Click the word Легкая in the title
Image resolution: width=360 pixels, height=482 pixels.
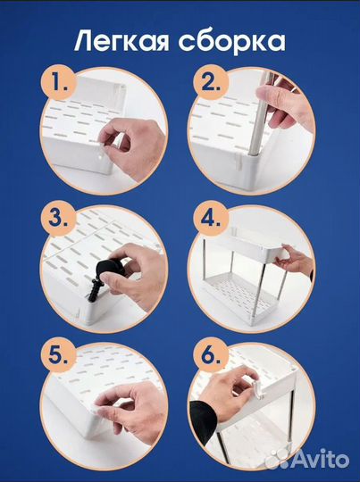[x=121, y=41]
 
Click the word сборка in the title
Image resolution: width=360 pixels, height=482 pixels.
[x=231, y=40]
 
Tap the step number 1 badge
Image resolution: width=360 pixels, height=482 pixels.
[x=58, y=82]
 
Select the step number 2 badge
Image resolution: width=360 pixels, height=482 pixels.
[x=211, y=82]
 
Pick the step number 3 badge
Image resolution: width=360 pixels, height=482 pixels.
[x=58, y=219]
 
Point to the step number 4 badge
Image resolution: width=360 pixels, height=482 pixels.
[x=211, y=219]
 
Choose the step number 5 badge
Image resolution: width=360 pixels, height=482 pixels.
[x=58, y=355]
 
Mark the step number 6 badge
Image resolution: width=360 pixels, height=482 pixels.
[x=211, y=355]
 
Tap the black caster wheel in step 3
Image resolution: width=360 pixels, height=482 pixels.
[x=109, y=269]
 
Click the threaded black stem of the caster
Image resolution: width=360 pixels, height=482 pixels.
[x=94, y=290]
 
